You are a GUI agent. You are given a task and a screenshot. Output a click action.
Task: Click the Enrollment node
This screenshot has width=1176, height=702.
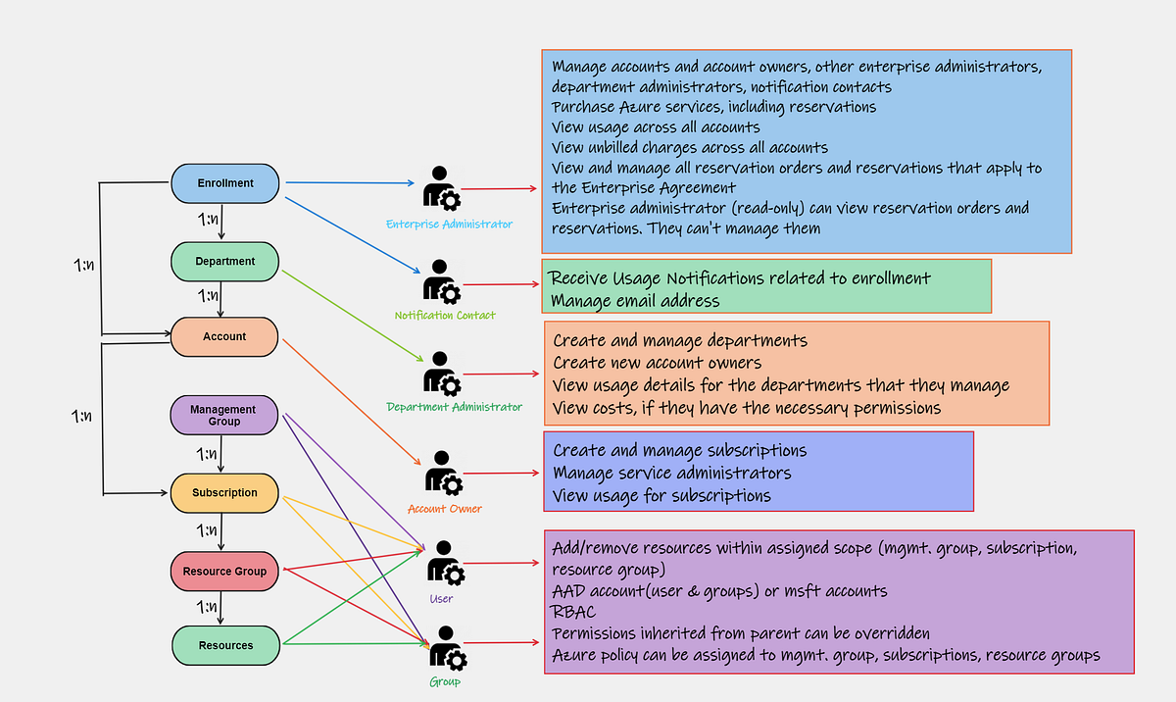[225, 183]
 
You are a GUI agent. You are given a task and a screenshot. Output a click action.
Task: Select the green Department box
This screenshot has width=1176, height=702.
[225, 262]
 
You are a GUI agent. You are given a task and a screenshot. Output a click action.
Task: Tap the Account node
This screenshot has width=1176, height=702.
[225, 336]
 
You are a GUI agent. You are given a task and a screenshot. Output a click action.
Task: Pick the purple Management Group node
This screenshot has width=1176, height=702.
[224, 416]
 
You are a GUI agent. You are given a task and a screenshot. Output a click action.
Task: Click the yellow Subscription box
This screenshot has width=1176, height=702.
[225, 493]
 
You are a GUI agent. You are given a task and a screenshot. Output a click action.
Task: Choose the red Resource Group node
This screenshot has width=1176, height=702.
[224, 572]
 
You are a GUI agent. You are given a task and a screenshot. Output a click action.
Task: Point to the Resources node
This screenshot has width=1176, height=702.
[226, 646]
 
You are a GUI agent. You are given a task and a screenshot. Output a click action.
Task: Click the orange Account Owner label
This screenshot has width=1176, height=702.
[444, 509]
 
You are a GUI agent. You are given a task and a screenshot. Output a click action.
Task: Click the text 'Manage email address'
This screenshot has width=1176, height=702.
[635, 301]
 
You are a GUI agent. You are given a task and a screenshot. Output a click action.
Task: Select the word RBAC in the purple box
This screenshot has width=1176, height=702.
[574, 613]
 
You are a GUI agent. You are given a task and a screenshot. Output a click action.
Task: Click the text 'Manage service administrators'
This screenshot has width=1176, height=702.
[672, 474]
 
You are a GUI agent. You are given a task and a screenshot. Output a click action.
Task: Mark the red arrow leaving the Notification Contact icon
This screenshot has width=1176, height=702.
[500, 284]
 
